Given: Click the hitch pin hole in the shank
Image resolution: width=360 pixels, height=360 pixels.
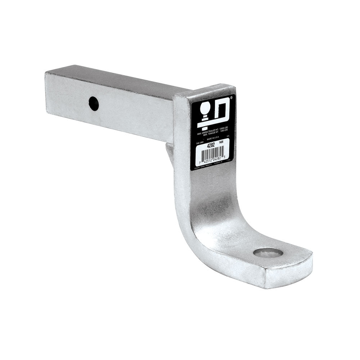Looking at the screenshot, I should (94, 104).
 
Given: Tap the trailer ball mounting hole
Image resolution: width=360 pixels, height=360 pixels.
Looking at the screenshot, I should (268, 252).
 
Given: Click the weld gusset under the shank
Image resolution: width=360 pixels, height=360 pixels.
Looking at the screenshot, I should (169, 153).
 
